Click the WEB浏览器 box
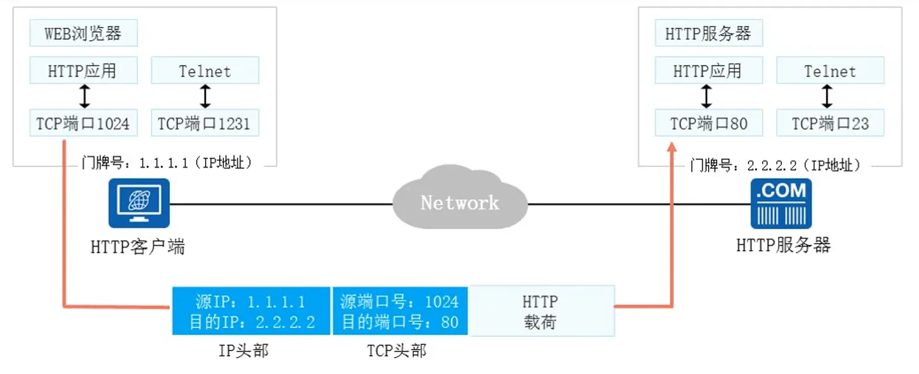83,34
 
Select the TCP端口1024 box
83,123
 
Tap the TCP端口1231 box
205,123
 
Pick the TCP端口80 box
709,123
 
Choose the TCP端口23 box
830,123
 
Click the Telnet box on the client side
205,71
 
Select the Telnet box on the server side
830,71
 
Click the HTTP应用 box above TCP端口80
709,71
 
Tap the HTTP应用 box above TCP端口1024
83,71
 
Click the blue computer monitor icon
139,203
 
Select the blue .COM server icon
780,204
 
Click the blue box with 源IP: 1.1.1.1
251,311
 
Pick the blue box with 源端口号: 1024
400,311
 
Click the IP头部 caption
243,351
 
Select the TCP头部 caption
397,351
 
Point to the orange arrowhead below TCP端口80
672,149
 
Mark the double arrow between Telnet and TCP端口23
828,96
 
